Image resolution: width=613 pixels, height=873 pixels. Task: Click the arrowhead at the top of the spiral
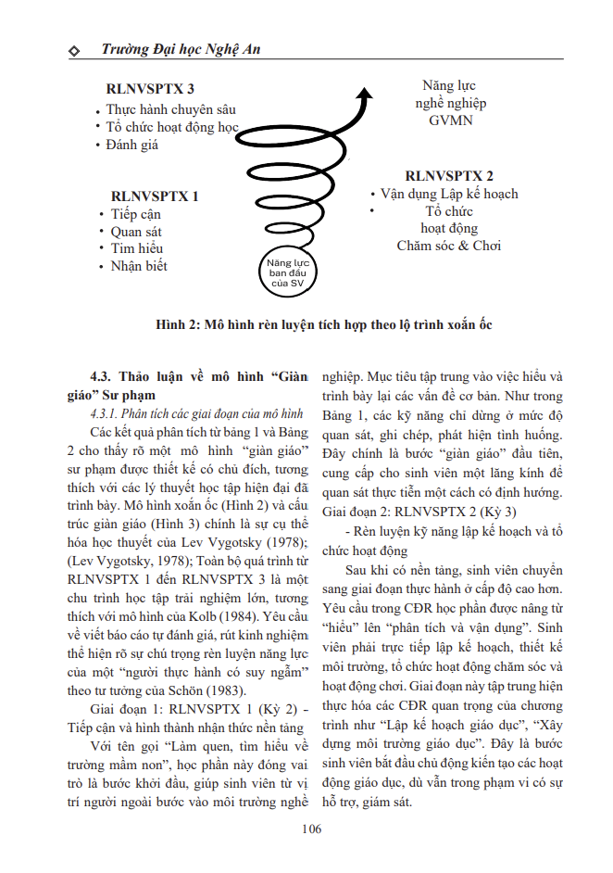pyautogui.click(x=365, y=94)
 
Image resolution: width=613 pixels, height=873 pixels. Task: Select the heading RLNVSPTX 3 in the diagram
pyautogui.click(x=151, y=89)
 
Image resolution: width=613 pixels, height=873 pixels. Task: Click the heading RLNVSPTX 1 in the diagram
pyautogui.click(x=155, y=196)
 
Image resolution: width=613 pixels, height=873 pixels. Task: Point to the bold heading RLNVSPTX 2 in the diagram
pyautogui.click(x=449, y=175)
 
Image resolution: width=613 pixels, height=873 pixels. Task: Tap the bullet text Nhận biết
pyautogui.click(x=139, y=266)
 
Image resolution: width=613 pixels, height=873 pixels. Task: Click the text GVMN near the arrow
pyautogui.click(x=451, y=120)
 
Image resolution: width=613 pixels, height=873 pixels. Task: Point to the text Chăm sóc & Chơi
pyautogui.click(x=449, y=246)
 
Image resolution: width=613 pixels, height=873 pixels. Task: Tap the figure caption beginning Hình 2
pyautogui.click(x=324, y=326)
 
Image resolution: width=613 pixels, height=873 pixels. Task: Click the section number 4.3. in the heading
pyautogui.click(x=106, y=376)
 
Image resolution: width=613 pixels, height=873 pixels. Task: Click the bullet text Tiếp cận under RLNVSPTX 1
pyautogui.click(x=136, y=215)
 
